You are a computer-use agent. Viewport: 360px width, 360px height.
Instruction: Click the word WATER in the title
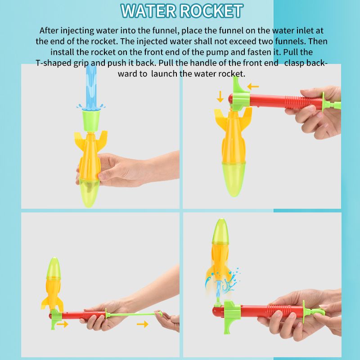click(151, 11)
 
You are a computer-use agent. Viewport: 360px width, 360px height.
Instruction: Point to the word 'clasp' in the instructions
click(293, 63)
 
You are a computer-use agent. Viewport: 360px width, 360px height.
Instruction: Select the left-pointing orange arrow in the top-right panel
click(253, 86)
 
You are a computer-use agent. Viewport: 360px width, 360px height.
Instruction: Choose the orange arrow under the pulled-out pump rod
click(143, 324)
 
